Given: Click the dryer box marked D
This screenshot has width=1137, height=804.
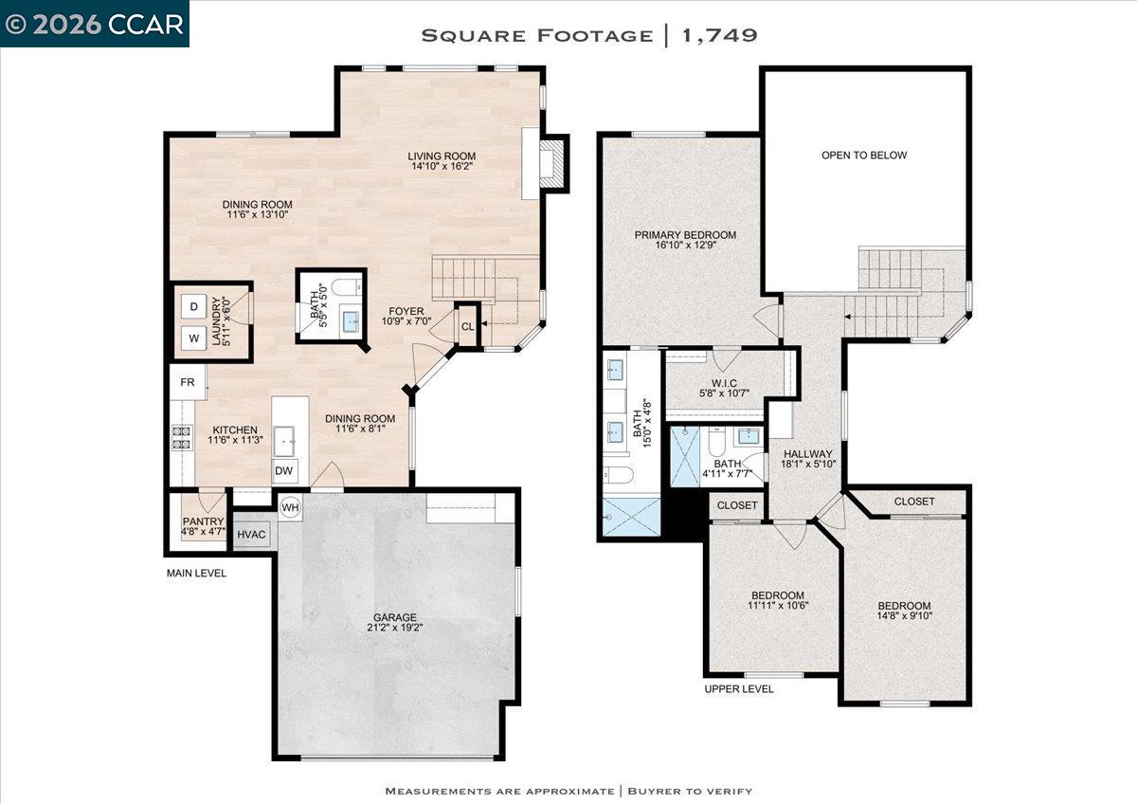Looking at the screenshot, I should [193, 306].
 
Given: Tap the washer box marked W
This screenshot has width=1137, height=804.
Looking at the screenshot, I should [193, 338].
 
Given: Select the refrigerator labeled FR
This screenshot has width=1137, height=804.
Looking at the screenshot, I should [188, 382].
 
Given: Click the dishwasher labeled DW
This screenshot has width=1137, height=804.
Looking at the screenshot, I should [284, 470].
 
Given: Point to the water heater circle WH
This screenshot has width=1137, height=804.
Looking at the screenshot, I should [290, 507].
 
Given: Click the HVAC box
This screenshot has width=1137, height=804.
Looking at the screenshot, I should [251, 535].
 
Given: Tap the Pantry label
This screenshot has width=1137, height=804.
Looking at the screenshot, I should [203, 521].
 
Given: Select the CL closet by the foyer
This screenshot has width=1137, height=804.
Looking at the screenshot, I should [467, 326].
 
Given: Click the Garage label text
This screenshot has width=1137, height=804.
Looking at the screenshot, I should [394, 617].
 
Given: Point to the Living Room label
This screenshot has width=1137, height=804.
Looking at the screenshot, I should [442, 156].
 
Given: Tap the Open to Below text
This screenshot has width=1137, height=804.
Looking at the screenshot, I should [863, 155].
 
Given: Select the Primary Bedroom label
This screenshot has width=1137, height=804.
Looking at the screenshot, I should [685, 235].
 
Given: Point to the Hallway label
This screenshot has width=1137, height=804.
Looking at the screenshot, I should [806, 454].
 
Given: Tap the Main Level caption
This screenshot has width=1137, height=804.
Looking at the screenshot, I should [196, 573].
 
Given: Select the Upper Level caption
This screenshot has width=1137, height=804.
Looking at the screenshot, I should [739, 688].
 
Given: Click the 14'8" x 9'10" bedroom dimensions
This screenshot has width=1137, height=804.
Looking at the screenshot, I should [904, 617].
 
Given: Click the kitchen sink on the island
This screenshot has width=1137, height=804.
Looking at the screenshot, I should [284, 440].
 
